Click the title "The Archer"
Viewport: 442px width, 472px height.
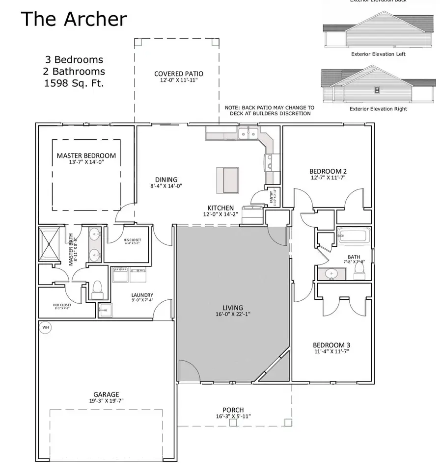pyautogui.click(x=74, y=19)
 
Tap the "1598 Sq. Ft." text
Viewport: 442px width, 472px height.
pyautogui.click(x=75, y=83)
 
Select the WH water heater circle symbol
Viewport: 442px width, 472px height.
pyautogui.click(x=46, y=328)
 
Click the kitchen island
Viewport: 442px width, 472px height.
pyautogui.click(x=228, y=180)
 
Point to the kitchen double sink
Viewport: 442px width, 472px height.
pyautogui.click(x=249, y=133)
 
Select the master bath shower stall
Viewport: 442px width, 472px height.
pyautogui.click(x=51, y=243)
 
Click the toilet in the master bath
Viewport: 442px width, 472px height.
pyautogui.click(x=97, y=289)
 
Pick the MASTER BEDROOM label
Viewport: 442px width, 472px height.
pyautogui.click(x=86, y=156)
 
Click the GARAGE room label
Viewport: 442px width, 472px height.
pyautogui.click(x=106, y=394)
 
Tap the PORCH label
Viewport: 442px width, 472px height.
pyautogui.click(x=233, y=410)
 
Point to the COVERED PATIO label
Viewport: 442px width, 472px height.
pyautogui.click(x=179, y=74)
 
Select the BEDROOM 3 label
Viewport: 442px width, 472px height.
pyautogui.click(x=331, y=345)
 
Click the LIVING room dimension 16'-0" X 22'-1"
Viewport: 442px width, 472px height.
pyautogui.click(x=233, y=314)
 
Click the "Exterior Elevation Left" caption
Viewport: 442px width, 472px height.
pyautogui.click(x=378, y=54)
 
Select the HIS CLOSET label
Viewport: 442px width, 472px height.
pyautogui.click(x=132, y=240)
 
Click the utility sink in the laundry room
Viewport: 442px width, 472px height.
pyautogui.click(x=105, y=309)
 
